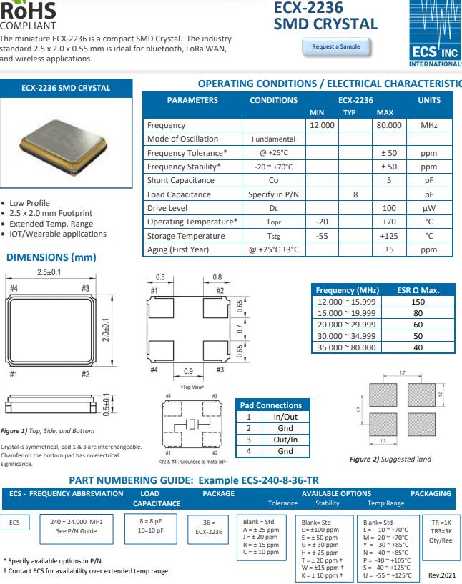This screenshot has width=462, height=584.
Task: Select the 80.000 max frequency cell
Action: point(389,125)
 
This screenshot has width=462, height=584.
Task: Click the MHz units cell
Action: point(429,125)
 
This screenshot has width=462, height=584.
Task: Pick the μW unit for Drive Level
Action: point(429,208)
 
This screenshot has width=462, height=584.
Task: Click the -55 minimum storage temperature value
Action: point(322,236)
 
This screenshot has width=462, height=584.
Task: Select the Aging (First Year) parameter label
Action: point(178,249)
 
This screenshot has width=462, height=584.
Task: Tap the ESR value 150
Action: point(418,302)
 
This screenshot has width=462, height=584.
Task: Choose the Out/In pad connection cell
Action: point(285,440)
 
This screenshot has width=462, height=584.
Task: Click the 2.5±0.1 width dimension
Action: point(49,273)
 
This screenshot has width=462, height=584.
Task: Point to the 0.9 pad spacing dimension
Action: point(188,371)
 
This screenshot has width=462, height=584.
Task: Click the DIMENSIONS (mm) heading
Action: point(51,257)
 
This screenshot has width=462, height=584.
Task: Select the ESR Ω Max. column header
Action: point(418,290)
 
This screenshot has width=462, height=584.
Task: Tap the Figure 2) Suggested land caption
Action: point(390,459)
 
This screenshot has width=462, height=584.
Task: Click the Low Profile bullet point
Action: point(30,203)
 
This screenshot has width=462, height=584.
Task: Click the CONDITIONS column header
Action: point(273,100)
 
